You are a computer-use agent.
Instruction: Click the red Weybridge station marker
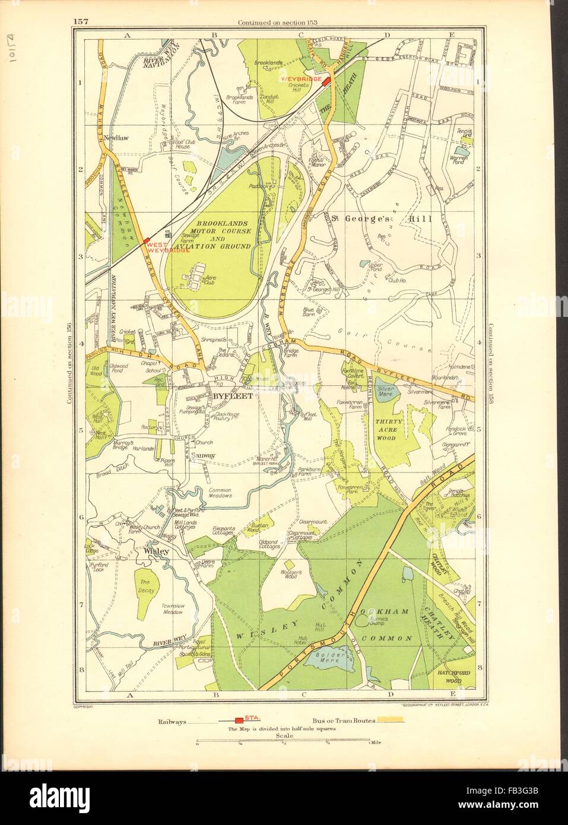[325, 82]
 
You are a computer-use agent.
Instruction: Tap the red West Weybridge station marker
[146, 240]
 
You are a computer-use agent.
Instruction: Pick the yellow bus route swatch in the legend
[391, 720]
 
